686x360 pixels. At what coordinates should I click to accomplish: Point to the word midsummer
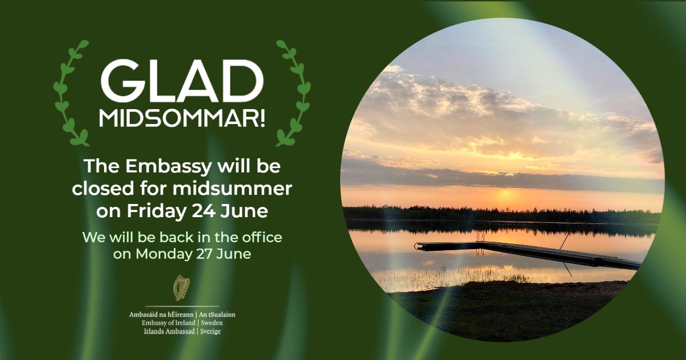coord(244,189)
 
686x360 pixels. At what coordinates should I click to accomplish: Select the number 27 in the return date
coord(207,254)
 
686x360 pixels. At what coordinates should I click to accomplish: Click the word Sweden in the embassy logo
coord(212,323)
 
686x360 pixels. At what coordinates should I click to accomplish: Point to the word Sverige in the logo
coord(211,331)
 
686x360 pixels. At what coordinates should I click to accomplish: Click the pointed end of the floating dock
coord(417,245)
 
